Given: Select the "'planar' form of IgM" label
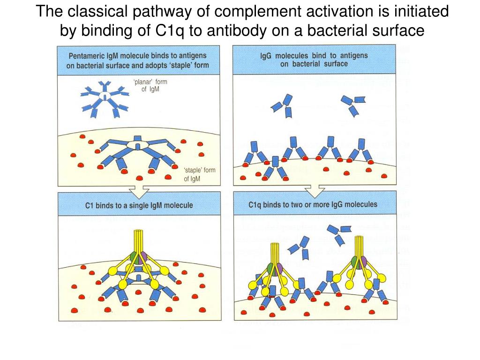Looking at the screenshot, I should (x=150, y=85).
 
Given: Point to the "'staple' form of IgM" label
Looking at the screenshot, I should (x=200, y=174).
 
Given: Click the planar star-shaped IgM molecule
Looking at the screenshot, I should (x=105, y=96).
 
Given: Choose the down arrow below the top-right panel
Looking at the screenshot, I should (x=314, y=191).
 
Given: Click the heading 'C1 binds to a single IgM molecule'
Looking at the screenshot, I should (x=139, y=205).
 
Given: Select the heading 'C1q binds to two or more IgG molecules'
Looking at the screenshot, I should (x=313, y=205).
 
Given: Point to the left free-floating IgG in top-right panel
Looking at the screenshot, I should (x=283, y=105).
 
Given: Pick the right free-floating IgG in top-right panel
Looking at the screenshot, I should (x=353, y=104).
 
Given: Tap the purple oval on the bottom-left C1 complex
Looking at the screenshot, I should (x=142, y=257).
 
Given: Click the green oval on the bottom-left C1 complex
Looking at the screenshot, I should (x=134, y=257).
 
